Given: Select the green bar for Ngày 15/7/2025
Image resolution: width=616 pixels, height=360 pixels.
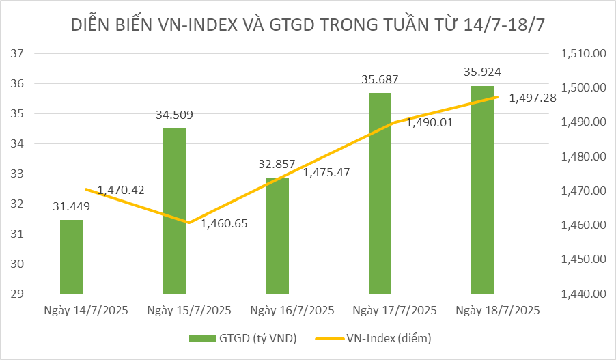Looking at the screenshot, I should coord(174,212).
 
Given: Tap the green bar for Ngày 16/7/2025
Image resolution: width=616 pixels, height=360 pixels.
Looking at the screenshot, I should coord(277,236).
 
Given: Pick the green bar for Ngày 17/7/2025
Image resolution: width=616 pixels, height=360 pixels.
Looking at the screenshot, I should coord(380,193).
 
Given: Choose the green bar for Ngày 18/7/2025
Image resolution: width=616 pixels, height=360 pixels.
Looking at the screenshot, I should coord(482,190).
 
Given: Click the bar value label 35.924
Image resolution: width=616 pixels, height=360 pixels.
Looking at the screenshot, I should coord(483,72).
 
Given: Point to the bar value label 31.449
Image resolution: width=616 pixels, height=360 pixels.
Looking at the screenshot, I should coord(71,206).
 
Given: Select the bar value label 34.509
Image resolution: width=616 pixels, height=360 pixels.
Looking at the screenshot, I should coord(174,113).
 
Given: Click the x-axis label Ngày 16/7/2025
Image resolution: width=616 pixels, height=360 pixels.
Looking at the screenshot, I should coord(292,310).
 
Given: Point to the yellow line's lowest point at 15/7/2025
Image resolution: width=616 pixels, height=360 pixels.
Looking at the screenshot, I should coord(188,223).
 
